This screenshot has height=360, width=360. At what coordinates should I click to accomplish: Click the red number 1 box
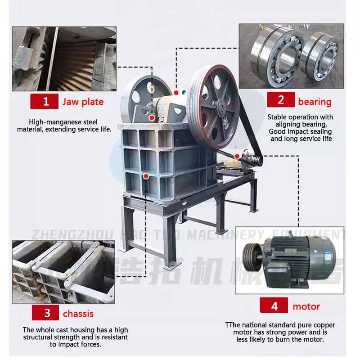(45, 101)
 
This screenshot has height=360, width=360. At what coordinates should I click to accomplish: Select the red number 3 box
(46, 313)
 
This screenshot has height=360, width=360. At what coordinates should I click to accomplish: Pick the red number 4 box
(274, 306)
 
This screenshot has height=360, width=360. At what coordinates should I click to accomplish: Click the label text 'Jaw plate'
(83, 102)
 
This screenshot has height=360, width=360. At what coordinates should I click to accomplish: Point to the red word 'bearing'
(315, 102)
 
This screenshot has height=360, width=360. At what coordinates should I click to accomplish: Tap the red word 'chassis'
(79, 313)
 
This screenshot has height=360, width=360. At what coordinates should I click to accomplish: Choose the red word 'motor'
(306, 307)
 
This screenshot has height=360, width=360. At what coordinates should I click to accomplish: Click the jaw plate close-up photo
(64, 58)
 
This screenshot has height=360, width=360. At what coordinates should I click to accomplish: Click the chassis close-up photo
(63, 272)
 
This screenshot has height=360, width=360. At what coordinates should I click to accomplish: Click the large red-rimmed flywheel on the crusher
(214, 107)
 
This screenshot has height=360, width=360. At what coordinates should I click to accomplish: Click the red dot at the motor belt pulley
(237, 156)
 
